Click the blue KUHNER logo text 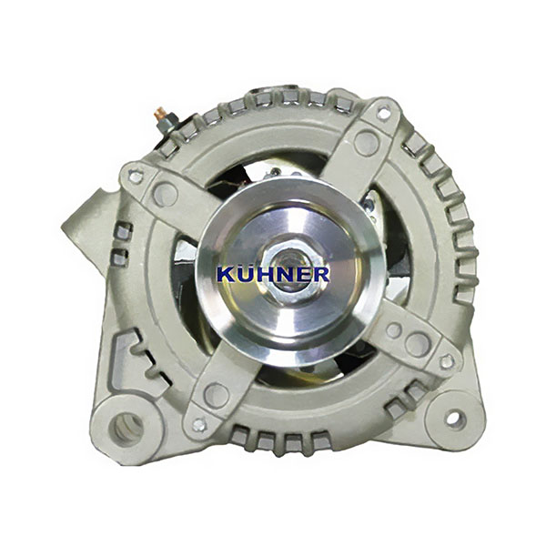click(x=273, y=274)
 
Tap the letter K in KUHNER click(x=226, y=275)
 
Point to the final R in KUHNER click(x=319, y=274)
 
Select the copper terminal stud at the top click(x=160, y=113)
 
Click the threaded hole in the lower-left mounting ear click(x=126, y=428)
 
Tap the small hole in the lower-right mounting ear click(x=455, y=418)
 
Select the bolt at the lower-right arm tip click(x=447, y=362)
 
